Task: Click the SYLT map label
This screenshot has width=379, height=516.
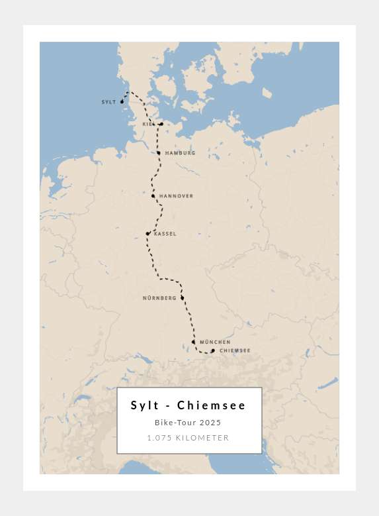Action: (x=108, y=102)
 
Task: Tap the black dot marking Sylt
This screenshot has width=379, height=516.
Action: (x=122, y=102)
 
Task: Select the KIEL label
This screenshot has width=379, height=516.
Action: (x=148, y=124)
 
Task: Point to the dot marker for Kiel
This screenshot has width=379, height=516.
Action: (x=161, y=124)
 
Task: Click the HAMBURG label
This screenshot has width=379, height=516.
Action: (x=180, y=153)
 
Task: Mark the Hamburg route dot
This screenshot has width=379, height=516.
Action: (x=159, y=153)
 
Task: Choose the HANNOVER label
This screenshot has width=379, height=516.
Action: (x=176, y=196)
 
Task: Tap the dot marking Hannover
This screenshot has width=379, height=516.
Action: (x=153, y=196)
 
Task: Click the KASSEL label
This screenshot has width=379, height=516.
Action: (x=165, y=234)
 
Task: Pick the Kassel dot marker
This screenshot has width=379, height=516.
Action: (x=147, y=234)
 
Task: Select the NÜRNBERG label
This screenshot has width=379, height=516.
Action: (x=159, y=298)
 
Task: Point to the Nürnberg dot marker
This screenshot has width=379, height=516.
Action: (x=182, y=298)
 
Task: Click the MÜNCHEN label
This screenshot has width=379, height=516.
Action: (x=215, y=342)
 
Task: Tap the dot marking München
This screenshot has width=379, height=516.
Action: (x=193, y=342)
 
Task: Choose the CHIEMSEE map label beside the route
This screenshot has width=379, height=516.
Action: (x=235, y=350)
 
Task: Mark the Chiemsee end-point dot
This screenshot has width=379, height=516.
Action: (x=213, y=350)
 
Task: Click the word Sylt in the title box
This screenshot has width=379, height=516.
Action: (x=145, y=405)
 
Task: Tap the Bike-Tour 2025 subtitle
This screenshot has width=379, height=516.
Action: (x=188, y=423)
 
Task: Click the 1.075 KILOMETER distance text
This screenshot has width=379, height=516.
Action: (x=188, y=438)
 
